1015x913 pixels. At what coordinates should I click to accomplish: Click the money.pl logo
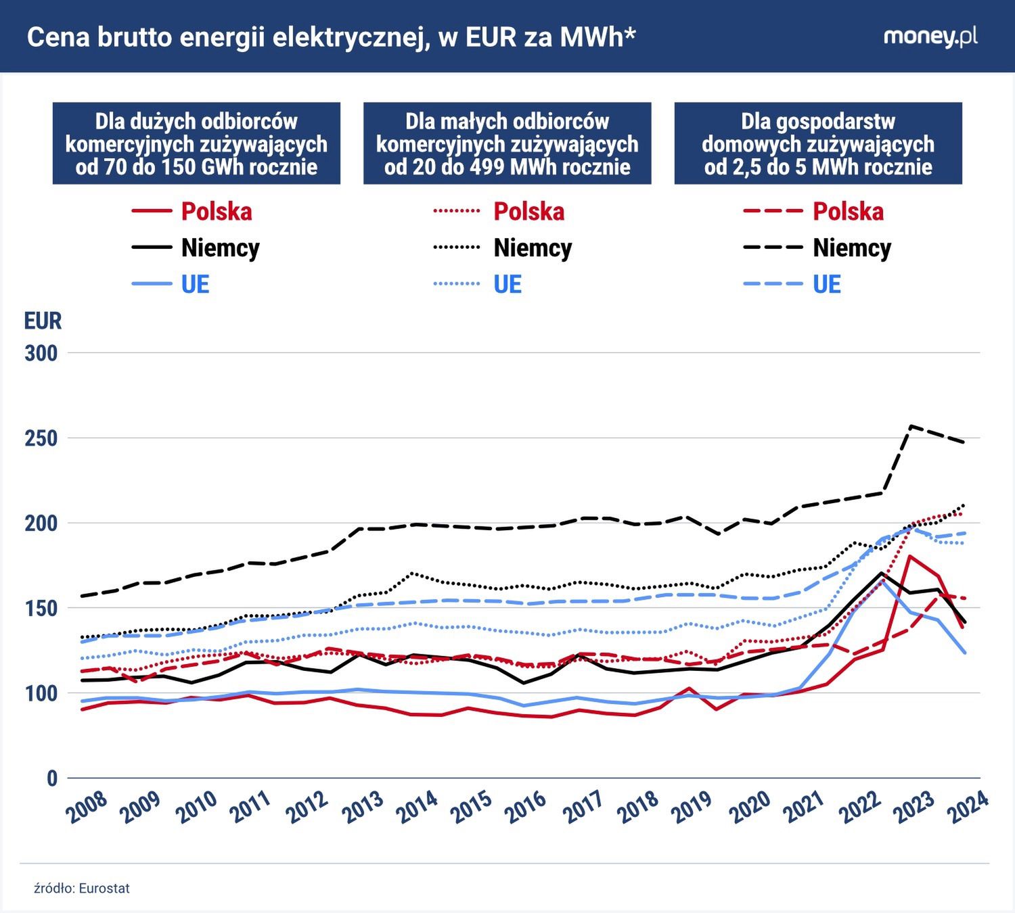[930, 37]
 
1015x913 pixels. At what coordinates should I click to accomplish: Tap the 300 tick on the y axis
[41, 353]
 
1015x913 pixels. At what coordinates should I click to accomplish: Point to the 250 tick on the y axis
[41, 438]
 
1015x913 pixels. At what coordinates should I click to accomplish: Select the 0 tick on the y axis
[51, 778]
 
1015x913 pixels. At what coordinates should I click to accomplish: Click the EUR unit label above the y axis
[43, 321]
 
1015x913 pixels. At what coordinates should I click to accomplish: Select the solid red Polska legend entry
[192, 212]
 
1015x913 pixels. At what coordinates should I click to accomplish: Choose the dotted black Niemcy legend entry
[503, 248]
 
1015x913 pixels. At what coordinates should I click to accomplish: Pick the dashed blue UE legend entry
[792, 285]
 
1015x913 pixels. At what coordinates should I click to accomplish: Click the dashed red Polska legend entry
[813, 212]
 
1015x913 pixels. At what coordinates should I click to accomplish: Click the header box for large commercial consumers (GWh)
[196, 144]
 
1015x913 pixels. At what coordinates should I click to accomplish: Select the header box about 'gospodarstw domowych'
[818, 144]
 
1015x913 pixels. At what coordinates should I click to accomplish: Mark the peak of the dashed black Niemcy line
[911, 426]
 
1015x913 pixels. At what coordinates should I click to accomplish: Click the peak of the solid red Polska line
[911, 556]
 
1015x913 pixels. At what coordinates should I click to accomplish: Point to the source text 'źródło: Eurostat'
[82, 888]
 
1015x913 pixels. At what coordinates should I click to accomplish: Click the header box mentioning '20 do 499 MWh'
[507, 144]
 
